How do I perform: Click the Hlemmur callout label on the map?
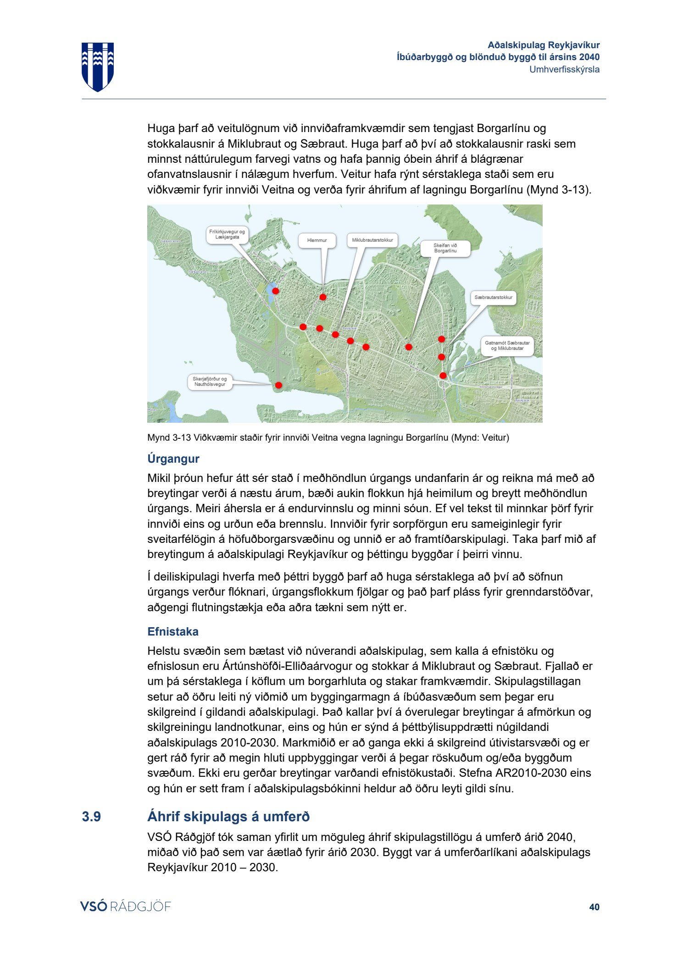tap(317, 241)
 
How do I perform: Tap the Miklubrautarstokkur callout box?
tap(372, 240)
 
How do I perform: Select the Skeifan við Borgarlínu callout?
tap(445, 248)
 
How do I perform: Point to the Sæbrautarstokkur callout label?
tap(493, 298)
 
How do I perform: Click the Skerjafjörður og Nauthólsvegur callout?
tap(210, 381)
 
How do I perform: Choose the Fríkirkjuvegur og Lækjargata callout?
tap(227, 234)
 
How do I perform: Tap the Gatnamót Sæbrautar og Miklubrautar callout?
tap(507, 346)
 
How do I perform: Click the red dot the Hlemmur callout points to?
tap(323, 297)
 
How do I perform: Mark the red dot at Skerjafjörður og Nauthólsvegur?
tap(278, 385)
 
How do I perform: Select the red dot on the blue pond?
tap(276, 291)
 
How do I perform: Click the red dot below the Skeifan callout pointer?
tap(409, 347)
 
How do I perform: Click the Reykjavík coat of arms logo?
tap(98, 66)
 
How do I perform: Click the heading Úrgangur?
tap(173, 459)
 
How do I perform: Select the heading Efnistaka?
tap(173, 631)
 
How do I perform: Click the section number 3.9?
tap(91, 817)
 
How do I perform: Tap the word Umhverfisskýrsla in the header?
tap(564, 69)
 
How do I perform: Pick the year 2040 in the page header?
tap(589, 57)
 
